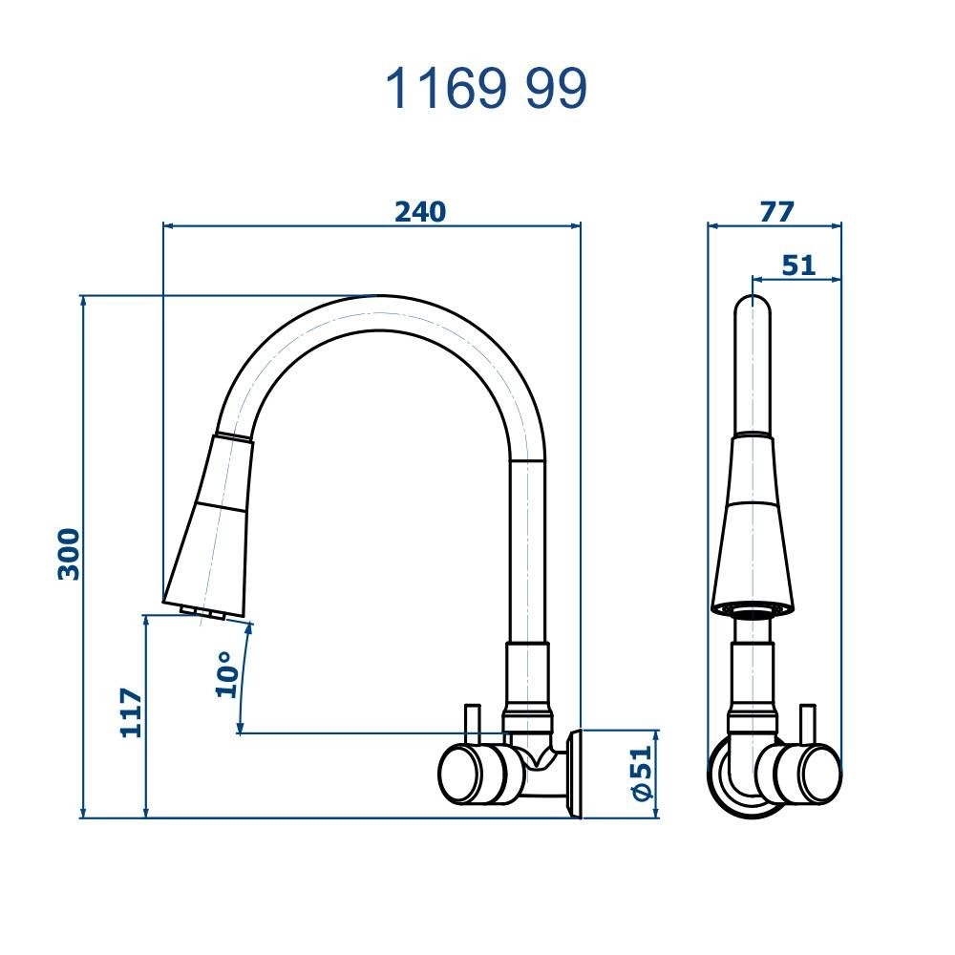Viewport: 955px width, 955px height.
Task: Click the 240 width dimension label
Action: coord(420,211)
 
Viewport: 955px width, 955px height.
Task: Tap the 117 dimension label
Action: coord(131,712)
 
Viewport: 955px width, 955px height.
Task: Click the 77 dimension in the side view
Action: coord(776,211)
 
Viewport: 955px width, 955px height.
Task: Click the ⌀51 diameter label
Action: coord(641,774)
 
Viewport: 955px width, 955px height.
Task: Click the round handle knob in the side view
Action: coord(808,775)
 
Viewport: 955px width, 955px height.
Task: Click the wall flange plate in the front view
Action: coord(574,775)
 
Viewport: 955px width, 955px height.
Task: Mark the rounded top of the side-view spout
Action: coord(753,308)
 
